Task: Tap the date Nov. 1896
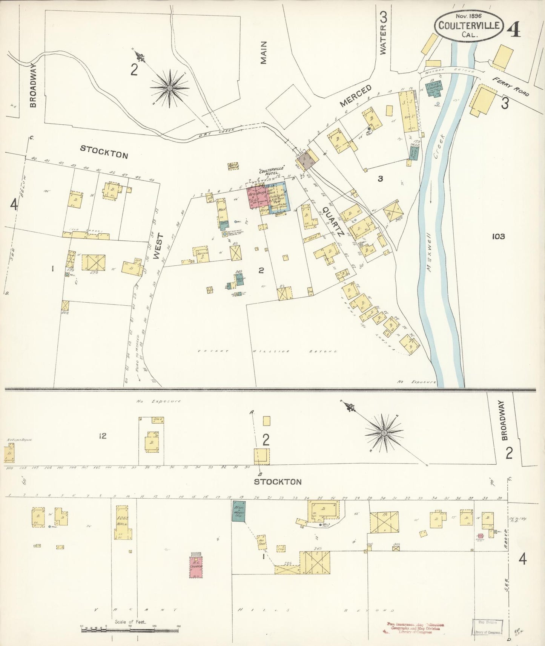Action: [467, 16]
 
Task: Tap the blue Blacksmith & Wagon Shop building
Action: [238, 511]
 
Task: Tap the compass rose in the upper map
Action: [169, 88]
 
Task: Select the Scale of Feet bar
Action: [130, 629]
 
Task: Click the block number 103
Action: [498, 236]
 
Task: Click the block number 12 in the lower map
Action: [102, 436]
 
